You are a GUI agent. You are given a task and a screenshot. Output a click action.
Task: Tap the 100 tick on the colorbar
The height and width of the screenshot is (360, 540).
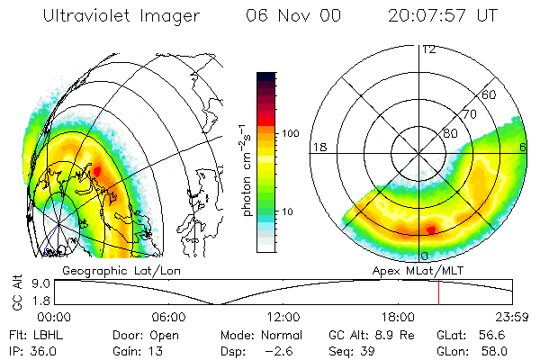(x=292, y=133)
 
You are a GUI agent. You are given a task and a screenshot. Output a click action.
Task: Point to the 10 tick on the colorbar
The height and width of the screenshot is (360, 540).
(x=288, y=211)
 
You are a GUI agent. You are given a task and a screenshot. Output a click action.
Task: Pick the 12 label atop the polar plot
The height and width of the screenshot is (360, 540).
(x=428, y=49)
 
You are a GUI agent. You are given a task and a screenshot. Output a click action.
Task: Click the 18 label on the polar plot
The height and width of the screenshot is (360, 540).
(x=319, y=147)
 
